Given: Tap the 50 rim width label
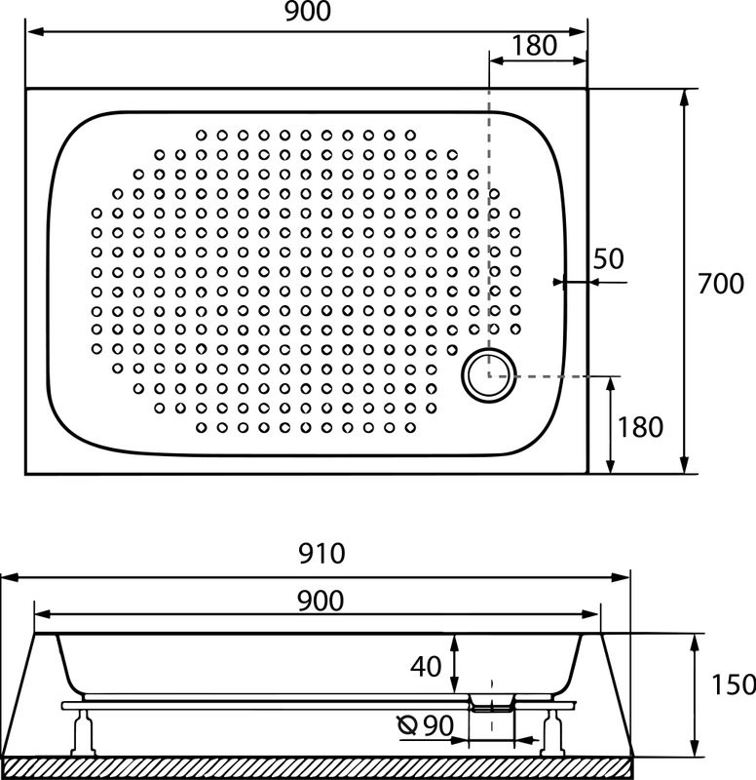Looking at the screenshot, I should coord(608,258).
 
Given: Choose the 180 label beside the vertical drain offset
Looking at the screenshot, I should coord(639,426).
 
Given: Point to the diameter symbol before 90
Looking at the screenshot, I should coord(408,724).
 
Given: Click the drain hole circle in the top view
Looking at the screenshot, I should coord(486,374).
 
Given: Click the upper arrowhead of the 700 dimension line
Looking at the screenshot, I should coord(687,97).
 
